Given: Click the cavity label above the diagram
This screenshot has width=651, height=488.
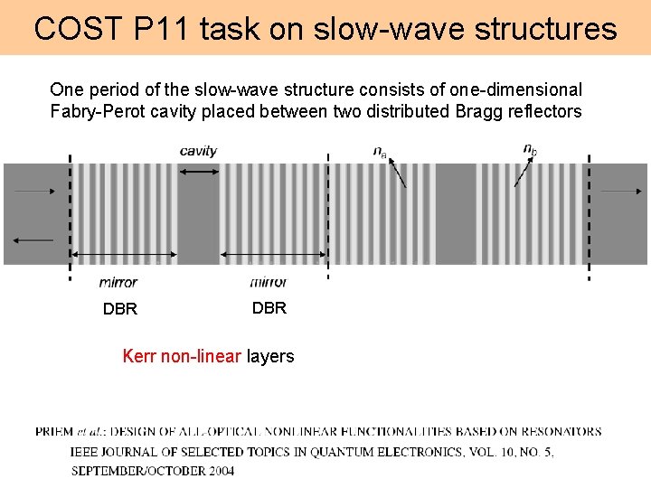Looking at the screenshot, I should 198,150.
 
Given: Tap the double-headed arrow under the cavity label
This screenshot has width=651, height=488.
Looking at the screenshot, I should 199,171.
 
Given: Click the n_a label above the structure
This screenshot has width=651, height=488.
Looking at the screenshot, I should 381,151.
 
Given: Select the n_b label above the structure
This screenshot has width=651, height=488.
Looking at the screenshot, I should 531,149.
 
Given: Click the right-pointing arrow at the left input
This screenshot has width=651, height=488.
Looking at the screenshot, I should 34,192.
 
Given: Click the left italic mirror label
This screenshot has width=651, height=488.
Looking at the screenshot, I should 118,282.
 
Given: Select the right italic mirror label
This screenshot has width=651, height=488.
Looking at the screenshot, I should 268,282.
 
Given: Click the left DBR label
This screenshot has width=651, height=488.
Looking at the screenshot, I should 120,309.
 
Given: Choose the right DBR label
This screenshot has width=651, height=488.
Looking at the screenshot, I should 269,307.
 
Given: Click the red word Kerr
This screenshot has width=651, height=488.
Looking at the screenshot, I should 139,356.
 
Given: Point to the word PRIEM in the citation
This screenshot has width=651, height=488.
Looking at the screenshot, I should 55,431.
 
